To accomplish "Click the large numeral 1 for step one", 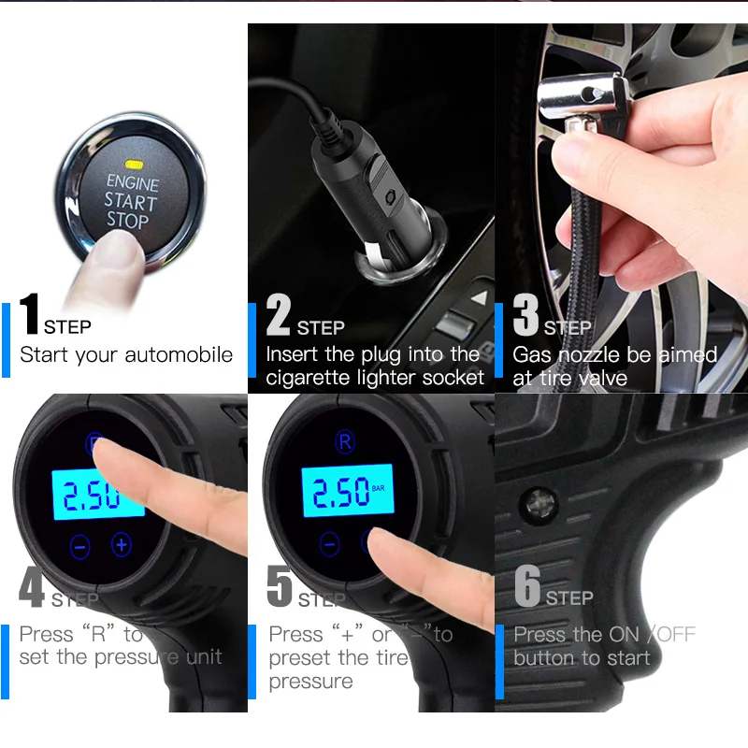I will pos(30,314).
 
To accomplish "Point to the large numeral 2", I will pos(279,314).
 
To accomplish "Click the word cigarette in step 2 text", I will pos(312,378).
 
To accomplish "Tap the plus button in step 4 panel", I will pos(122,544).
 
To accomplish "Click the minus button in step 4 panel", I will pos(79,546).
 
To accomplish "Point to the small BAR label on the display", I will pos(378,487).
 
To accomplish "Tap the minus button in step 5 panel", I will pos(329,543).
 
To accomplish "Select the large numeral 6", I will pos(528,586).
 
